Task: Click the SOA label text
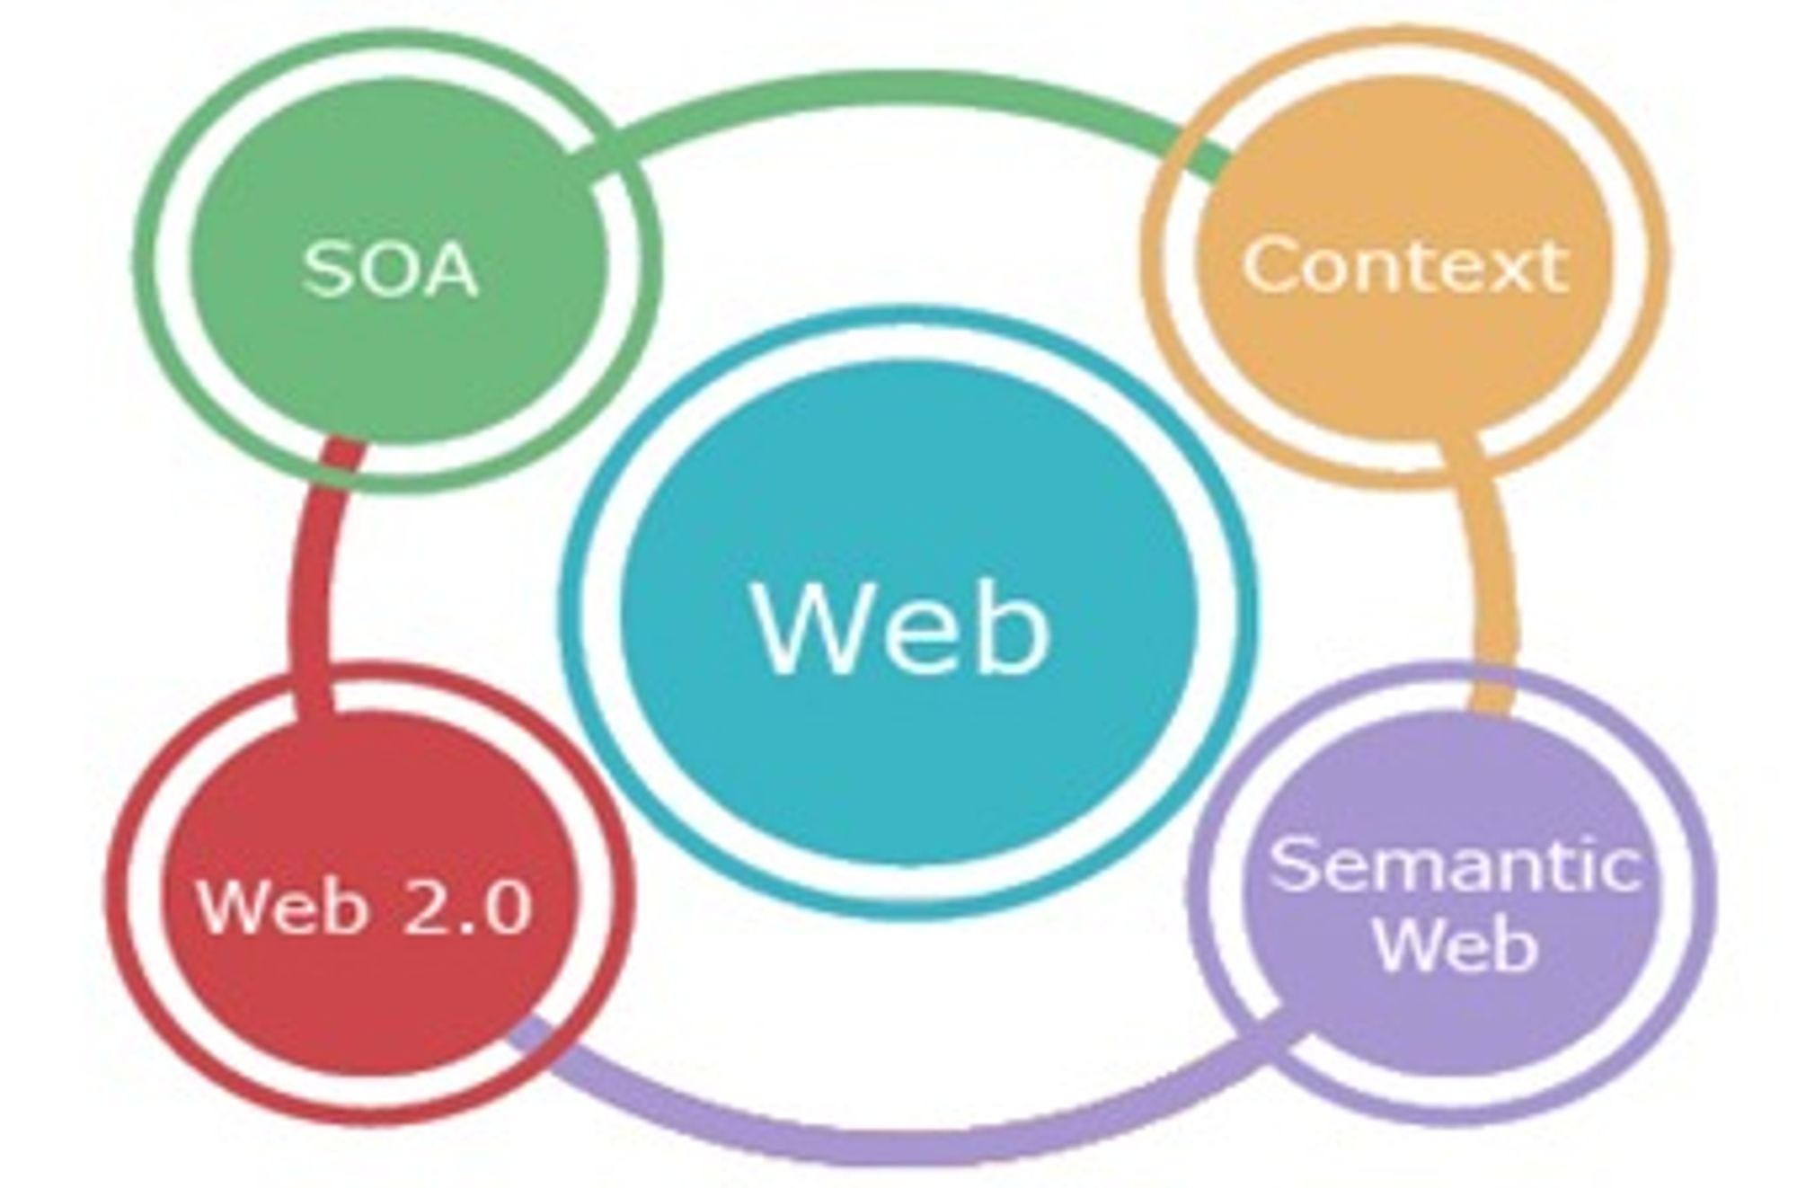(x=390, y=269)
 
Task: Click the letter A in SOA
(x=448, y=269)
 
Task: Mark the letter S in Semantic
(x=1291, y=864)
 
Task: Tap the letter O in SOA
(x=385, y=269)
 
